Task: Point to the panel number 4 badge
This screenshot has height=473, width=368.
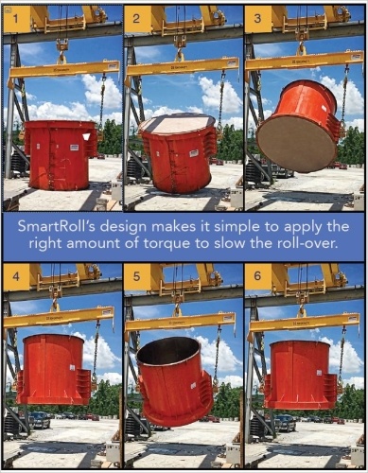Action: pos(14,278)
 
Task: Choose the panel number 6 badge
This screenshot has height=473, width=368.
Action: pos(257,278)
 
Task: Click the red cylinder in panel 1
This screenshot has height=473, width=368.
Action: pos(59,155)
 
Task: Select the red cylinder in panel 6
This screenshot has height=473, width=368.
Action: pos(301,375)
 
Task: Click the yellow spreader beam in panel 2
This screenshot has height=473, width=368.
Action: pos(182,67)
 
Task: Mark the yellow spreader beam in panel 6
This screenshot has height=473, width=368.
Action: pos(303,317)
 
